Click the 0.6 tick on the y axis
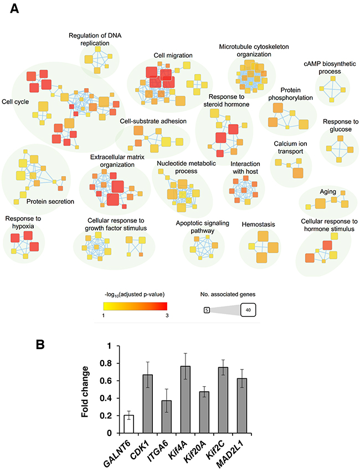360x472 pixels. coord(101,381)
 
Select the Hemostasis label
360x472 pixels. coord(259,224)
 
